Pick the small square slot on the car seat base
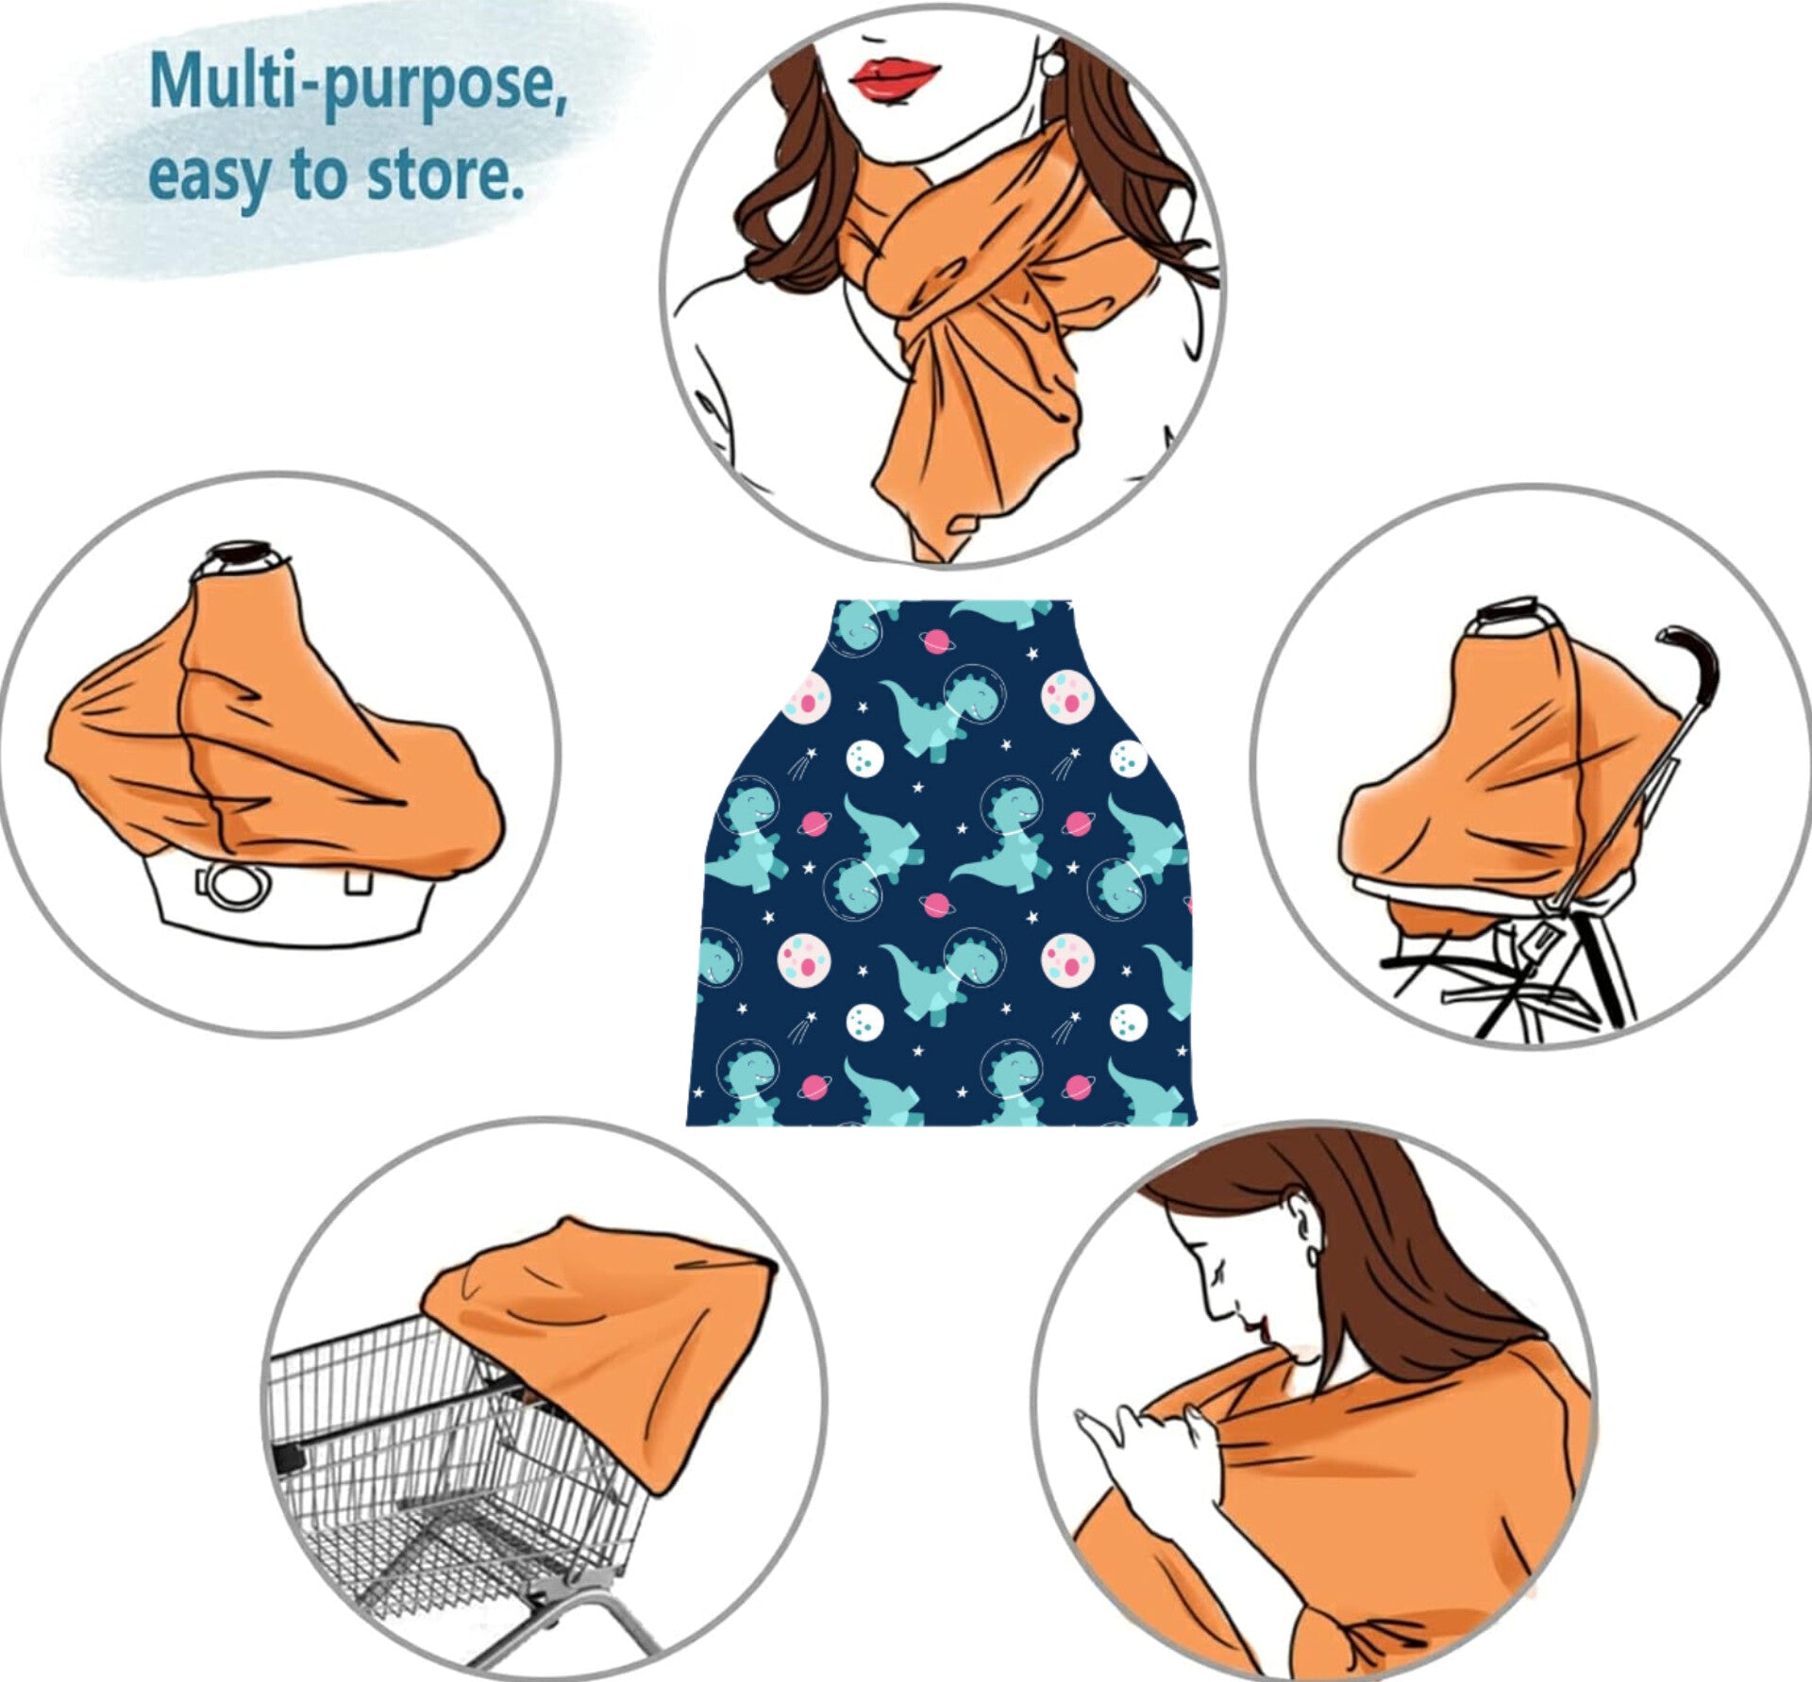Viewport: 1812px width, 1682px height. pyautogui.click(x=357, y=882)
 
